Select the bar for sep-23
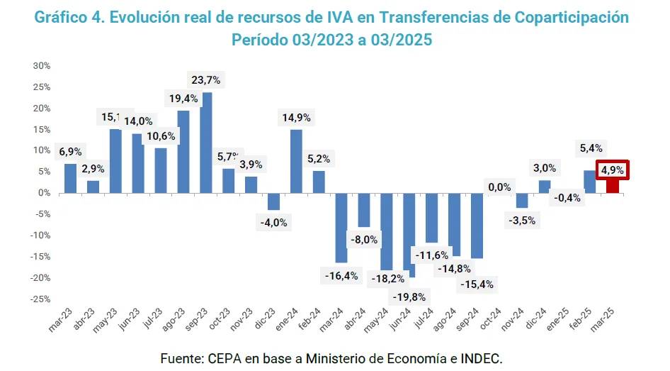point(207,143)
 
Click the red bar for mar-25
point(613,186)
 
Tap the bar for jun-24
point(409,234)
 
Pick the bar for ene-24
point(297,161)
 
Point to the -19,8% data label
point(409,296)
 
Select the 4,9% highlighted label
point(612,170)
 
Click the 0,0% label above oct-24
point(500,187)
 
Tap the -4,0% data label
point(275,222)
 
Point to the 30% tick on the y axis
point(41,66)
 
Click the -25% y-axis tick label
point(40,299)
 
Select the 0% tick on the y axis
point(44,193)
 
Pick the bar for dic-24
point(545,187)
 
